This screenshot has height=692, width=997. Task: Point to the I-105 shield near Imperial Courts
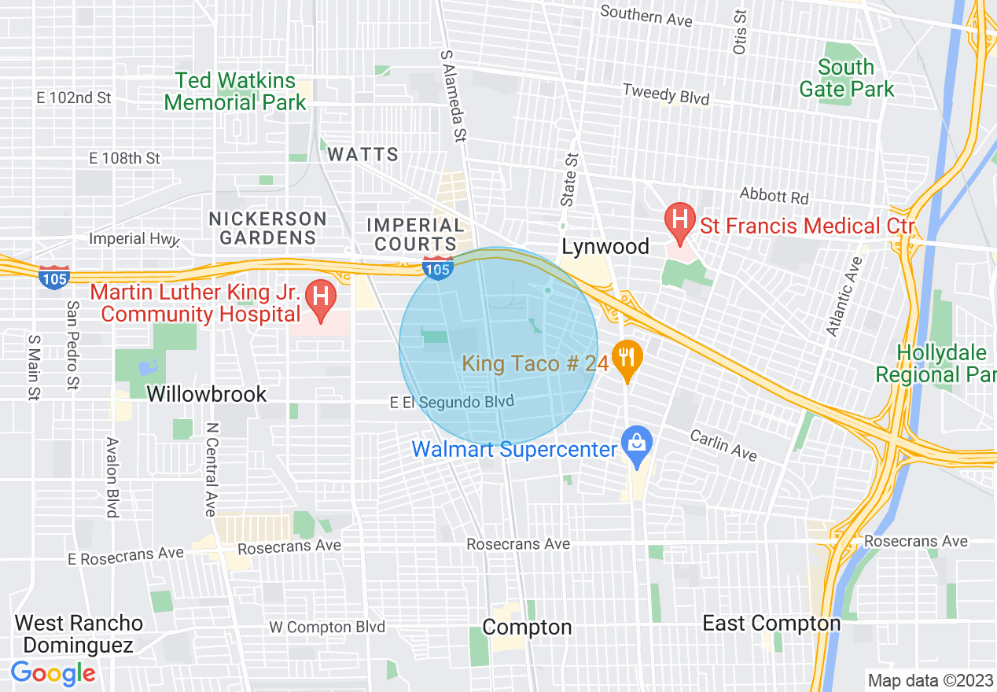pos(437,267)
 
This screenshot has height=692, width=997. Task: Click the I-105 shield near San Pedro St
pos(55,277)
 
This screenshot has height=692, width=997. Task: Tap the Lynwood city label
pos(605,247)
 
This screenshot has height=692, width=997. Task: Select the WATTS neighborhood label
pos(363,154)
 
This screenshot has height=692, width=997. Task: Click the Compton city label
pos(527,627)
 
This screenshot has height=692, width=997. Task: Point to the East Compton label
pos(771,624)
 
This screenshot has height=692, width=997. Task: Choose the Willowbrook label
pos(207,394)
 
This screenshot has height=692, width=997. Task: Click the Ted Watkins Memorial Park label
pos(235,91)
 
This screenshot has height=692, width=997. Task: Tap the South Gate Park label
pos(846,78)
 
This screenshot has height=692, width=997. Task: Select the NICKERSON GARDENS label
pos(267,227)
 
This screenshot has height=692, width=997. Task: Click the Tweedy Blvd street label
pos(665,94)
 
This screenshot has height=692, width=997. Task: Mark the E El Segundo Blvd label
pos(452,402)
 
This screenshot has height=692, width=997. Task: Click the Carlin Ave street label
pos(723,446)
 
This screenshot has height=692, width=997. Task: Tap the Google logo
pos(53,673)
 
